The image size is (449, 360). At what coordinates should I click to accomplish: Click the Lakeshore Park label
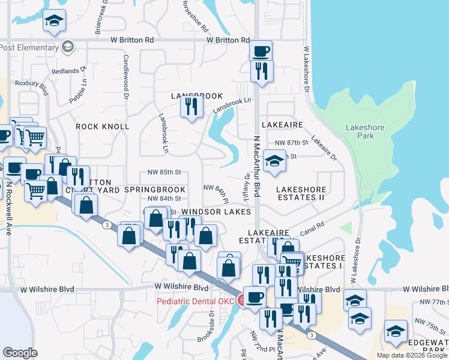click(x=360, y=131)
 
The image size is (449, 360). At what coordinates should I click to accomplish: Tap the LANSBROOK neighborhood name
click(x=196, y=96)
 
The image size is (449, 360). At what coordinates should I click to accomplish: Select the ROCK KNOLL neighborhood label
click(x=103, y=127)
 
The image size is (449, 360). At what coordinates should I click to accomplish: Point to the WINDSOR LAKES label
click(x=216, y=212)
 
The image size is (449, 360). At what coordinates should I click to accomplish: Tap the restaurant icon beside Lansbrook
click(x=191, y=107)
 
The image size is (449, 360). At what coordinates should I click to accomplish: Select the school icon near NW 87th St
click(x=274, y=161)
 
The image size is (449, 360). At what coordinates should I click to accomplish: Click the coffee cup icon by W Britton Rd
click(x=261, y=51)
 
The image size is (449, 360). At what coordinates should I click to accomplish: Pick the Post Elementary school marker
click(x=68, y=47)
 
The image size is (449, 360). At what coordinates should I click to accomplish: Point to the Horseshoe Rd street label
click(x=195, y=16)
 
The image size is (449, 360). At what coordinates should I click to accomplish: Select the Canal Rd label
click(x=313, y=228)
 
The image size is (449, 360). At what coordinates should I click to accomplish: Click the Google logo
click(x=20, y=353)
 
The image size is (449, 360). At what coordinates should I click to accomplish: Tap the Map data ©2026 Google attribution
click(x=411, y=355)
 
